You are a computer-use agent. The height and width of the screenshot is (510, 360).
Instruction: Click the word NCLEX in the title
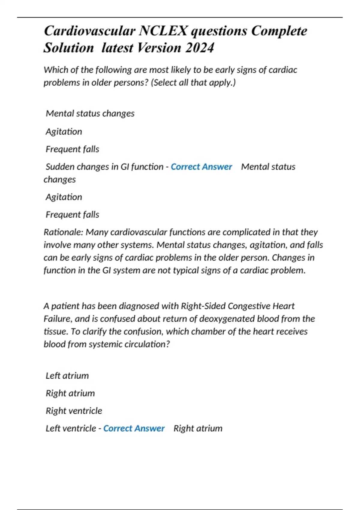coord(163,31)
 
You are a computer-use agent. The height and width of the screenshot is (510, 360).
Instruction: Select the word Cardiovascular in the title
coord(89,31)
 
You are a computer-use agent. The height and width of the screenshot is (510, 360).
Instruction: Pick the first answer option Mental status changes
coord(90,113)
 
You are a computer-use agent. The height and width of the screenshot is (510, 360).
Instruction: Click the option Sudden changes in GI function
coord(104,167)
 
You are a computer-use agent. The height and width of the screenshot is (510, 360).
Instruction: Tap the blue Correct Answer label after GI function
coord(201,167)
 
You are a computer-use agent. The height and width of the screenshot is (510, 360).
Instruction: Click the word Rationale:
coord(63,232)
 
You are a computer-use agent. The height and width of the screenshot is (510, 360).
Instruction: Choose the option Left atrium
coord(67,376)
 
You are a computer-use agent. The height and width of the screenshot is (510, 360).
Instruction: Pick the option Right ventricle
coord(74,411)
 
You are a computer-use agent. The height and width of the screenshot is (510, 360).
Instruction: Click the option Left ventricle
coord(71,428)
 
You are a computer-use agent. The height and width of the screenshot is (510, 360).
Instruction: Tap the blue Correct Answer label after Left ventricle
coord(134,428)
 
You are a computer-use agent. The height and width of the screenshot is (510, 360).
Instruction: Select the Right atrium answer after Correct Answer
coord(198,428)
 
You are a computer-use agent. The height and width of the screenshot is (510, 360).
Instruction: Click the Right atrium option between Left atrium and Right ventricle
coord(70,393)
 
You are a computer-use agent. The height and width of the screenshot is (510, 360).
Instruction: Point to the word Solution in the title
coord(69,48)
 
